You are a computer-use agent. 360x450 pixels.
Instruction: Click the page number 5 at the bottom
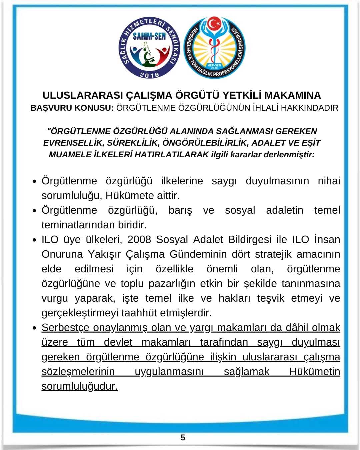pyautogui.click(x=183, y=437)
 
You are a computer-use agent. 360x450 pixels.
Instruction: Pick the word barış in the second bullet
pyautogui.click(x=180, y=210)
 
